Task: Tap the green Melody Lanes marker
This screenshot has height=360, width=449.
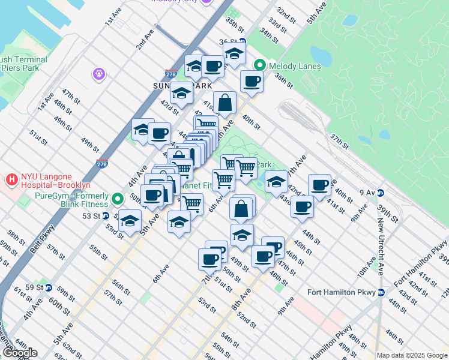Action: tap(261, 65)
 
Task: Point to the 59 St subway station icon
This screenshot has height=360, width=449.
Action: tap(49, 287)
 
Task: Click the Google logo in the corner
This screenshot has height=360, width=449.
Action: tap(20, 353)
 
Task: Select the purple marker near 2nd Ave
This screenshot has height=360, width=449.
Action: tap(99, 74)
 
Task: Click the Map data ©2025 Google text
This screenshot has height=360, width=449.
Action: tap(412, 355)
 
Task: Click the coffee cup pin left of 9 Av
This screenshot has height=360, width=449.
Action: tap(319, 184)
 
